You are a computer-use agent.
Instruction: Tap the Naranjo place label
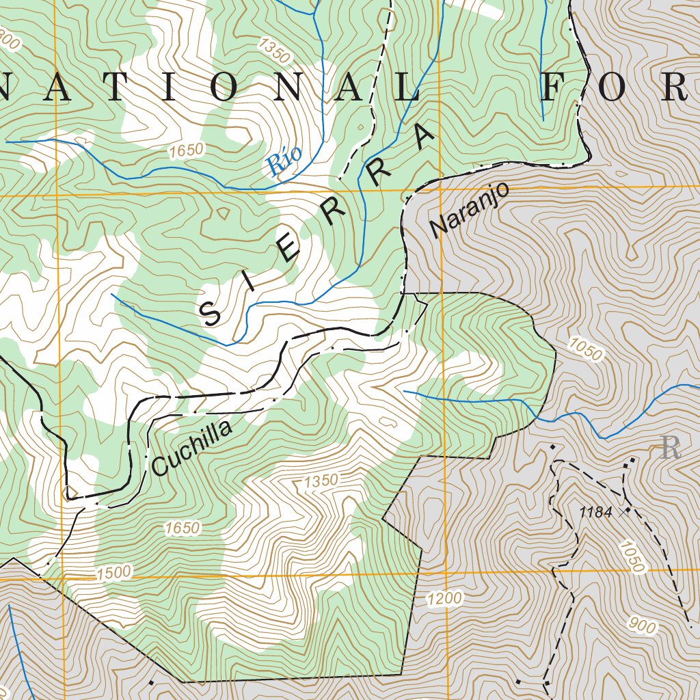coord(470,209)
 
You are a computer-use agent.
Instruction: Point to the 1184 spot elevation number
coord(595,512)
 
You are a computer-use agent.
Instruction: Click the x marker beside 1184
coord(623,511)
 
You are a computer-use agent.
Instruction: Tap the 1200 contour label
coord(445,600)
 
